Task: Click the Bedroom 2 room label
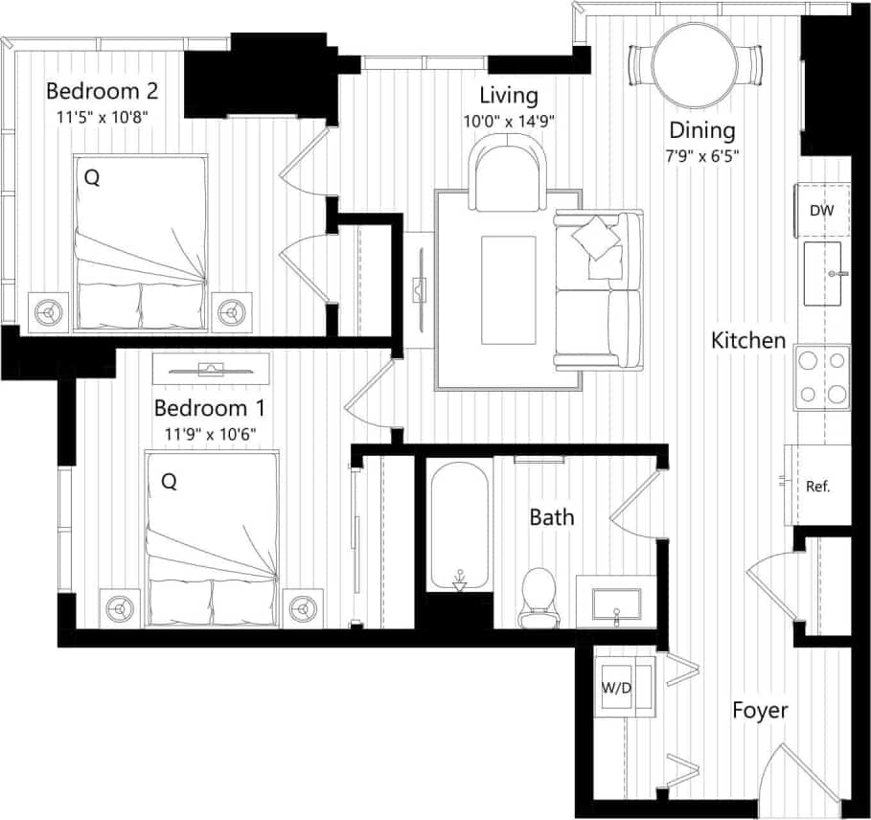(102, 92)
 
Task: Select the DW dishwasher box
(820, 211)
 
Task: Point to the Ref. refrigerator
(817, 486)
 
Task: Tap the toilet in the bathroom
(539, 596)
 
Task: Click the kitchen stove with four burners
(823, 377)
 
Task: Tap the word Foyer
(760, 711)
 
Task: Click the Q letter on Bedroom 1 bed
(169, 483)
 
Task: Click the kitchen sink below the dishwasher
(822, 274)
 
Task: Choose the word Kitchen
(748, 340)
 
